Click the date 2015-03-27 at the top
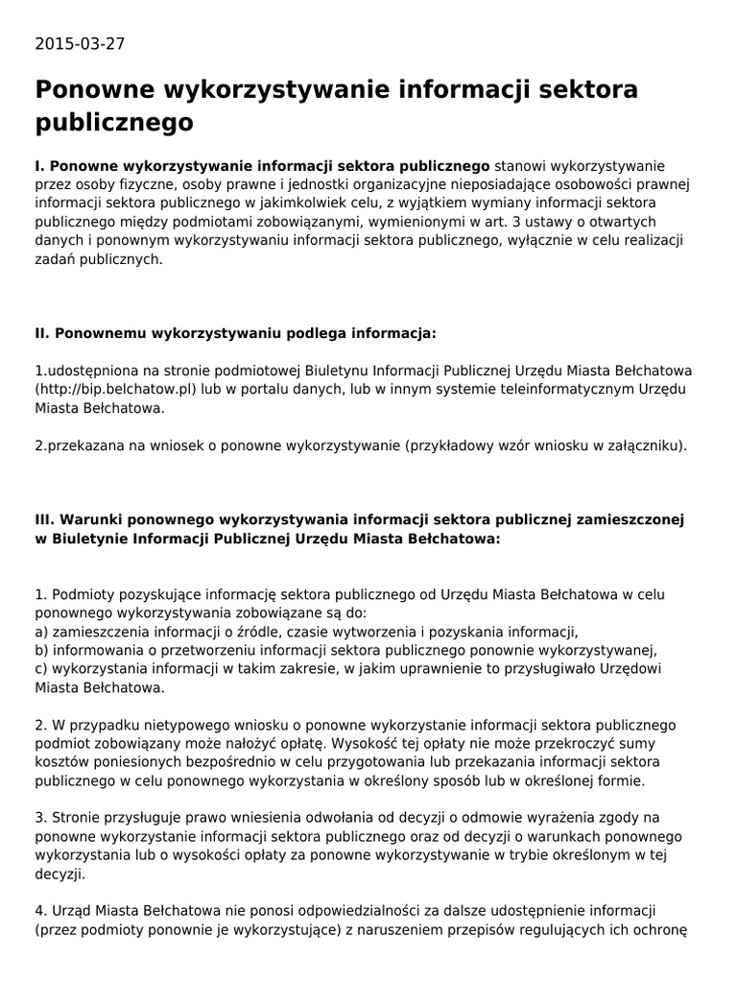[80, 44]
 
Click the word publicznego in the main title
[114, 123]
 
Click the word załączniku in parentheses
[645, 445]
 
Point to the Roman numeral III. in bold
[47, 519]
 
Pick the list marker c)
[42, 668]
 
